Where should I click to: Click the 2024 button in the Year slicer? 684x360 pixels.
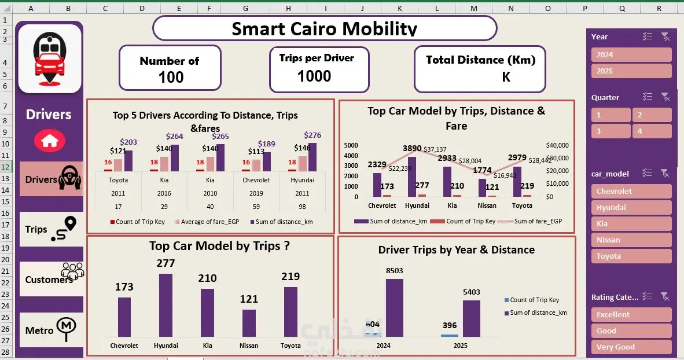(631, 55)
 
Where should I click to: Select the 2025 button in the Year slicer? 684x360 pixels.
(631, 71)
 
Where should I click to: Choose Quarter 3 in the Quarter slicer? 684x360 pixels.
(611, 131)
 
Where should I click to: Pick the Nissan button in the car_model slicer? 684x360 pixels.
(631, 240)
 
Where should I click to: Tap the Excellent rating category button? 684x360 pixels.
(631, 315)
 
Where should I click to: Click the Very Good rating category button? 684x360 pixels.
(631, 347)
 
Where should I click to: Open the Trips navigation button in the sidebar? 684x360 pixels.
(51, 229)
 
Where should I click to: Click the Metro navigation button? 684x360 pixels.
(51, 330)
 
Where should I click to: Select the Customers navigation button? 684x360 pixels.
(51, 279)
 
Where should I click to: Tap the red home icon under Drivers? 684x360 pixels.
(50, 139)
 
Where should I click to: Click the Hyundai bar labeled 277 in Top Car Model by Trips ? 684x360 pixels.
(166, 305)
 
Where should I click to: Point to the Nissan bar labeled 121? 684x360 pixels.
(249, 323)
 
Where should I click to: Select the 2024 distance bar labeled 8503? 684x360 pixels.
(394, 308)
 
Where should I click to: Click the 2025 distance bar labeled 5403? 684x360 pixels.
(472, 318)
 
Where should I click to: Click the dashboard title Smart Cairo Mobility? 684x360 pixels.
(324, 28)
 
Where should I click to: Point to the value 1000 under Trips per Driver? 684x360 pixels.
(314, 76)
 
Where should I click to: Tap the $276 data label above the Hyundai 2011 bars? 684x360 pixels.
(312, 135)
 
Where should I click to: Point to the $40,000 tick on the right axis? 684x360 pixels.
(557, 145)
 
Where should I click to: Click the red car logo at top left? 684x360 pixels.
(49, 58)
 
